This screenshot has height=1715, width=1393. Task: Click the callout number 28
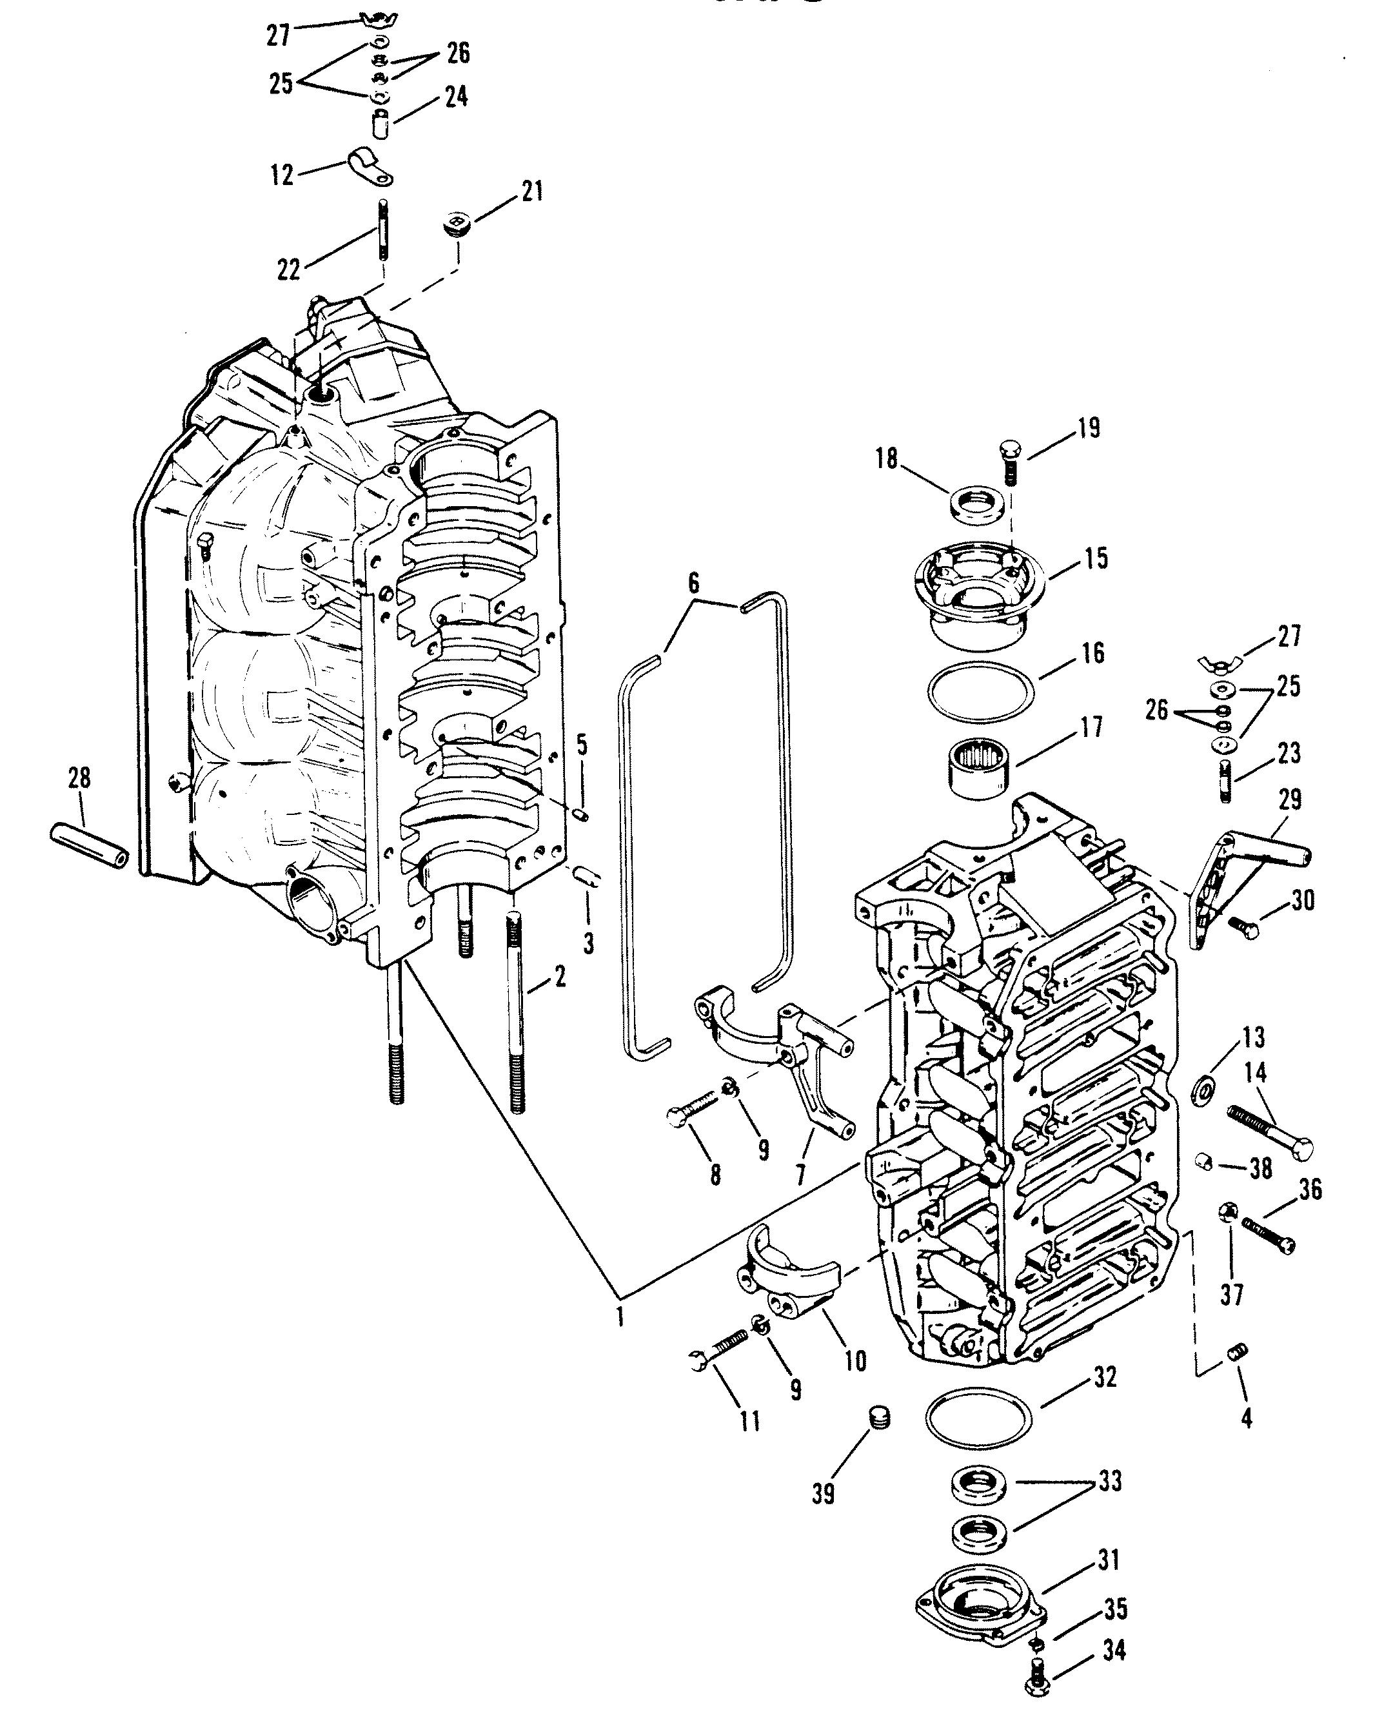click(x=79, y=778)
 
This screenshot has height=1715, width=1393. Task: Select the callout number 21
click(x=532, y=191)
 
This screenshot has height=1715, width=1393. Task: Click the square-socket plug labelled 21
click(x=457, y=224)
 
